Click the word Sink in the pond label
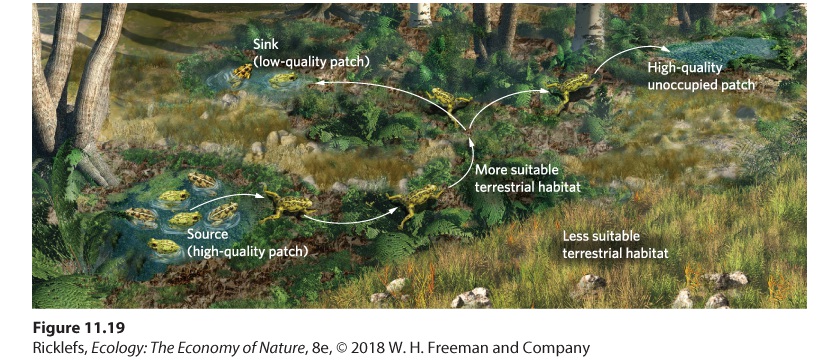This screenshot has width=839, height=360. click(265, 46)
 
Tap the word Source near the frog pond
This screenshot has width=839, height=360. click(208, 234)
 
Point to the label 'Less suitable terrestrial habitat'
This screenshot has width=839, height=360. click(615, 244)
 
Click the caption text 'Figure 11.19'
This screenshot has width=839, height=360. click(79, 327)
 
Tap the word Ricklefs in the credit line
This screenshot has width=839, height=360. click(58, 348)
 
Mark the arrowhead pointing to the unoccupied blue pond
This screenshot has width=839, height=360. click(665, 48)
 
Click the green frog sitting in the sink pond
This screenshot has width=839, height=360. click(283, 79)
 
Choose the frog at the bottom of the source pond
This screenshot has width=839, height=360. click(164, 246)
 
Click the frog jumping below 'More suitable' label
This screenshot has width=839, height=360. click(416, 202)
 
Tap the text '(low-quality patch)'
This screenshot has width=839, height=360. click(310, 62)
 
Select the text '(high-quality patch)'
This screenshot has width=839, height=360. click(248, 251)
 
